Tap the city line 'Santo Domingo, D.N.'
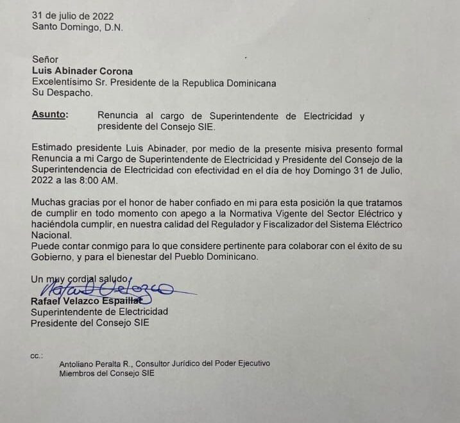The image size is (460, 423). [x=77, y=27]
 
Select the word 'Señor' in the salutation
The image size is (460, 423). [x=45, y=60]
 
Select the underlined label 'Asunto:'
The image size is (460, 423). [x=49, y=115]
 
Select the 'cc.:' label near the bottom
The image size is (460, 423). [x=36, y=354]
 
